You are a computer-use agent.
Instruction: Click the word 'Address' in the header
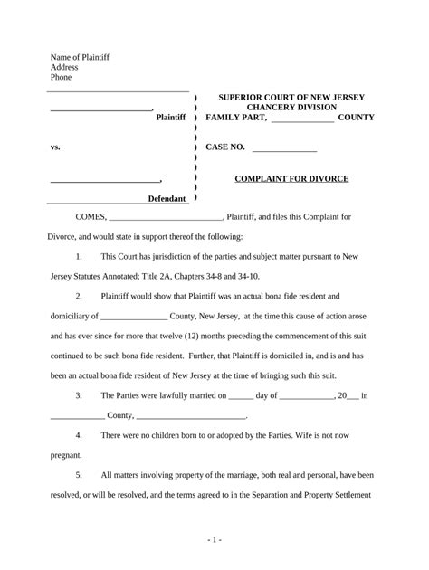[64, 67]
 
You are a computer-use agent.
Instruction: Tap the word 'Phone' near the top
[61, 78]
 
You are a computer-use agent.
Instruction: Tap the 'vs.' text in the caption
[55, 147]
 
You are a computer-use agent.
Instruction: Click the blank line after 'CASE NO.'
[284, 147]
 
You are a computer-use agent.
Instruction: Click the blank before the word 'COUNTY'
[302, 119]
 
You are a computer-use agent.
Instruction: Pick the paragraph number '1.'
[81, 257]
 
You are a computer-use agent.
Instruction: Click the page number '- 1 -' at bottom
[214, 540]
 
